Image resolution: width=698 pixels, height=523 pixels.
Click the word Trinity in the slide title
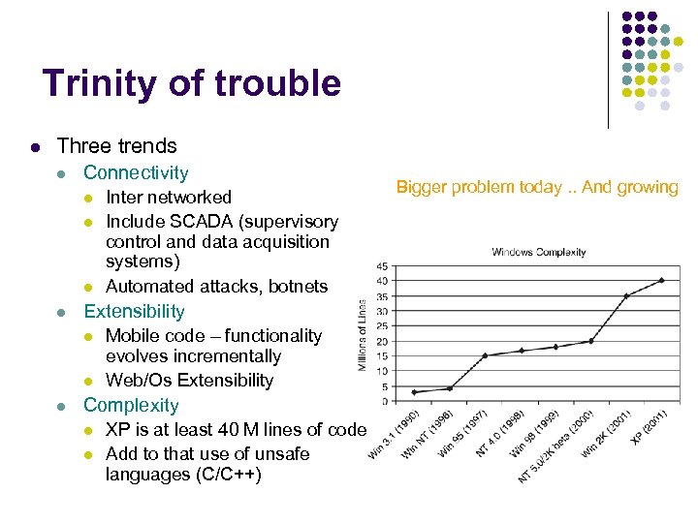(x=101, y=84)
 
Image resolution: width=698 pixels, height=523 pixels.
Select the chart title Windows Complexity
(x=539, y=253)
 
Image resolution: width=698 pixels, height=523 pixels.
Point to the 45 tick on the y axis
(x=383, y=266)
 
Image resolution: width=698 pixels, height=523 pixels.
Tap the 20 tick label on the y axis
(x=383, y=341)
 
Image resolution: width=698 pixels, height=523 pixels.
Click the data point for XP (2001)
(x=661, y=281)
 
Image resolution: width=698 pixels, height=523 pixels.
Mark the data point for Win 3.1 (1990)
(x=414, y=392)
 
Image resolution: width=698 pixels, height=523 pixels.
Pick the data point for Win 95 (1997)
(x=485, y=355)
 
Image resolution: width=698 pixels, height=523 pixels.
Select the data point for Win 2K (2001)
(x=626, y=295)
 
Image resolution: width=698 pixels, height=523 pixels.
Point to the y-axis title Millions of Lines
(x=363, y=334)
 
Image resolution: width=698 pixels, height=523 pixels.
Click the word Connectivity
(x=136, y=172)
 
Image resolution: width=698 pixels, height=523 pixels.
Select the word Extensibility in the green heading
(x=134, y=311)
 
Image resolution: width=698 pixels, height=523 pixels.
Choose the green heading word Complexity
(x=131, y=405)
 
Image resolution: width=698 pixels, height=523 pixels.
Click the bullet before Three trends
(x=34, y=147)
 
